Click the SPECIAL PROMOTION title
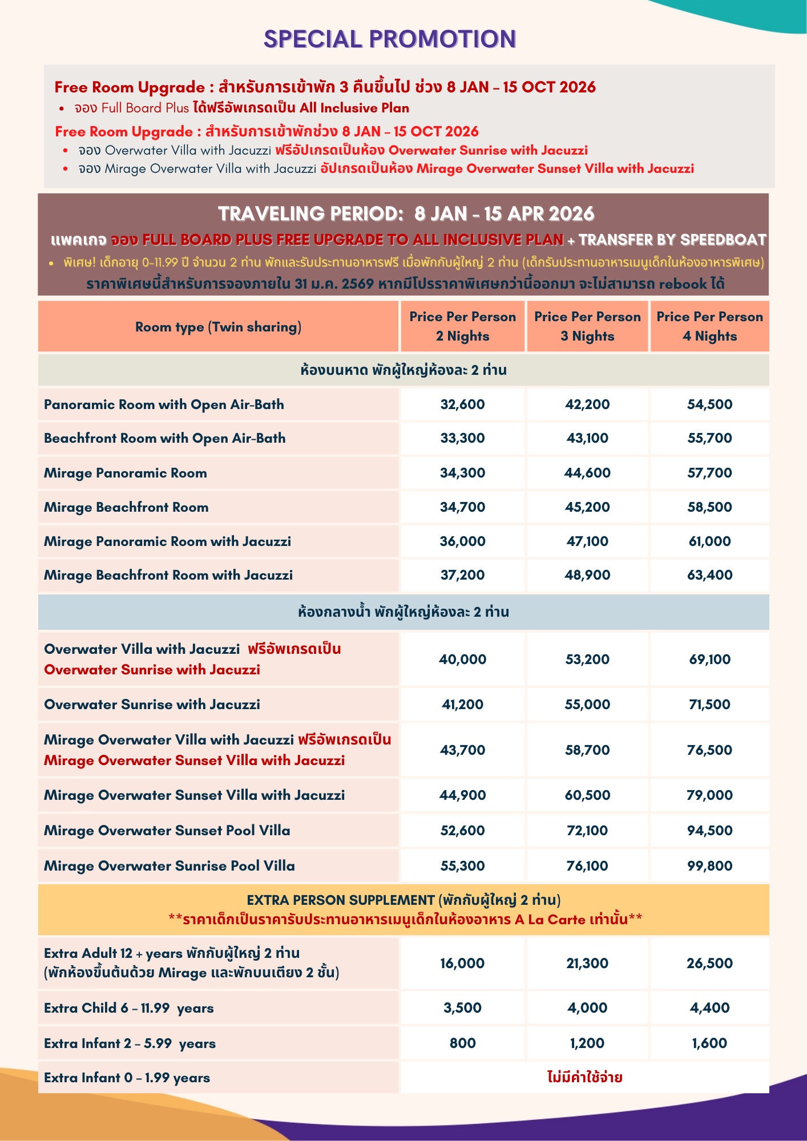390,39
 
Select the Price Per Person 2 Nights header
462,326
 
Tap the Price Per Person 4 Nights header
709,326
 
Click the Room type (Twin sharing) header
218,327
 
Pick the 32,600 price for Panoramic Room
462,404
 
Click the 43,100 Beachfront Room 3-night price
587,438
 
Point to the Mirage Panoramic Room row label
126,473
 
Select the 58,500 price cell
709,507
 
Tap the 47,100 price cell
587,541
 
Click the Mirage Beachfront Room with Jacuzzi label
168,575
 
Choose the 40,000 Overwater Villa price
462,659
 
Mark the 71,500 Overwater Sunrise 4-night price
709,705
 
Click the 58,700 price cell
587,750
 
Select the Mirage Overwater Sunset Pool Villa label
167,831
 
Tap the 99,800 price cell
709,866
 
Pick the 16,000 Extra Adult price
462,964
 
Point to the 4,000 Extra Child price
587,1008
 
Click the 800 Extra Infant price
462,1043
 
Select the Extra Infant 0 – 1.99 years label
127,1078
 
